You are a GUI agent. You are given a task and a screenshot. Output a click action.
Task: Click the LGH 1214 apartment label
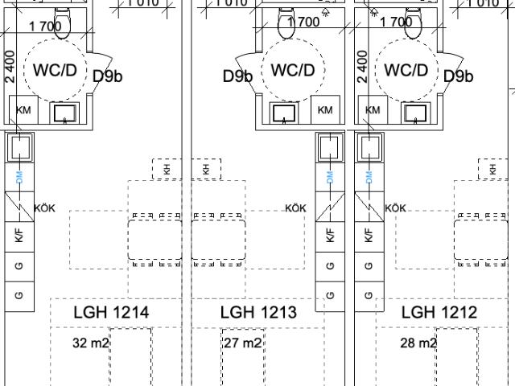click(111, 312)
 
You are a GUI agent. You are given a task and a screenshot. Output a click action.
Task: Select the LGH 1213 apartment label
click(258, 312)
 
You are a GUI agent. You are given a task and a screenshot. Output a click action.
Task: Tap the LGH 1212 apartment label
click(439, 312)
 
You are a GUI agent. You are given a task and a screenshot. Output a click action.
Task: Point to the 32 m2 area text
click(91, 343)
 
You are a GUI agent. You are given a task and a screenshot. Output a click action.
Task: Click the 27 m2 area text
click(243, 343)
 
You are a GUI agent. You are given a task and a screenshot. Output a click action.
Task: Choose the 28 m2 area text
click(418, 343)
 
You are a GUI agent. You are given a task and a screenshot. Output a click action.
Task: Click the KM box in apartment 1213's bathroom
click(325, 109)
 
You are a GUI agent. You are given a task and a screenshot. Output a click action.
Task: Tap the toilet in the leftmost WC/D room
click(62, 23)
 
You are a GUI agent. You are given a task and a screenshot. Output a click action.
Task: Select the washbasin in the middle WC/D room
click(284, 113)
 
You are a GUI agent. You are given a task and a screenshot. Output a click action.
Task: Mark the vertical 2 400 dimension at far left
click(10, 67)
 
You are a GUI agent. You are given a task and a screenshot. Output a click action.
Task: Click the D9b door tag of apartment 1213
click(238, 76)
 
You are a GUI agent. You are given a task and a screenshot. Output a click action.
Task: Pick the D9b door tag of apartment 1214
click(108, 76)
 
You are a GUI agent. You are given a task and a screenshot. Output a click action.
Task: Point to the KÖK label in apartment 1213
click(295, 208)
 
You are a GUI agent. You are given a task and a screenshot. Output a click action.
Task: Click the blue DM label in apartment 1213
click(330, 177)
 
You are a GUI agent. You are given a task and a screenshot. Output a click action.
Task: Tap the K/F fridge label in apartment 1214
click(19, 236)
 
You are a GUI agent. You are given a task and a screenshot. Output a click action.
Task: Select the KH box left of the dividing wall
click(167, 169)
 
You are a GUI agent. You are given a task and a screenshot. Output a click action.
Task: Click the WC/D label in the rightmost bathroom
click(406, 70)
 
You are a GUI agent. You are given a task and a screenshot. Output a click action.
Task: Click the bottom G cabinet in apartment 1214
click(19, 295)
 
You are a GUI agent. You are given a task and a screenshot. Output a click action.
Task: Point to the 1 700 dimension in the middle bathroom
click(303, 22)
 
